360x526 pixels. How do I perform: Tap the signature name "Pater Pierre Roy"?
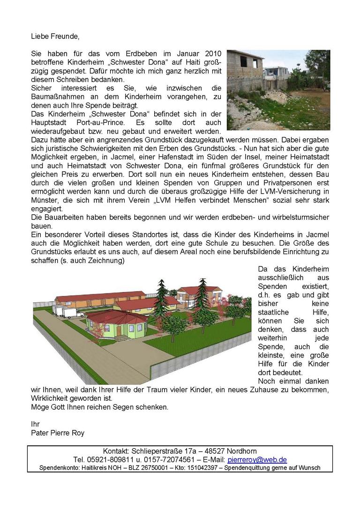tap(58, 433)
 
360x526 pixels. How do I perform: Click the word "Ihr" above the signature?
tap(35, 424)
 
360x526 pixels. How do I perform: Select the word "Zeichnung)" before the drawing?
tap(108, 261)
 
